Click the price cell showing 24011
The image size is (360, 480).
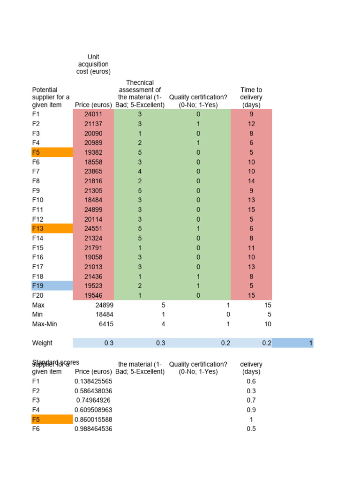93,114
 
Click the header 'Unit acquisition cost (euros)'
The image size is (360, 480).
93,64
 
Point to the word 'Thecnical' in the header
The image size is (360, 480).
140,82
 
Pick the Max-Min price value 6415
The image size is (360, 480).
105,324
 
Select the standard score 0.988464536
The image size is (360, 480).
93,429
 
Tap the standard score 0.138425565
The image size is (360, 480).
93,381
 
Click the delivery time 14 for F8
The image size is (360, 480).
251,181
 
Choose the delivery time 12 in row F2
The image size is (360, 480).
251,124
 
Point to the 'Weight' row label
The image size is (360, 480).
42,343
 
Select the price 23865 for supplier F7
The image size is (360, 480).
93,172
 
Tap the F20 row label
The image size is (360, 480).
38,295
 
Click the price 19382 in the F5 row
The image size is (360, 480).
93,152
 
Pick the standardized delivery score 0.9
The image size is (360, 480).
251,410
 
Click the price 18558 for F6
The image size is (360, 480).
93,162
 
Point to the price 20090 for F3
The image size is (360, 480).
93,133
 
